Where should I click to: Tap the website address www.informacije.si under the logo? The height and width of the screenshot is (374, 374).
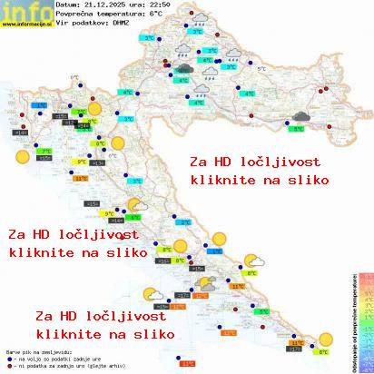[26, 25]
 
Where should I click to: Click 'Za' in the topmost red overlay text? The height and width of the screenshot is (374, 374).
[198, 162]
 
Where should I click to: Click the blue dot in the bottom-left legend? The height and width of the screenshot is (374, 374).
[8, 355]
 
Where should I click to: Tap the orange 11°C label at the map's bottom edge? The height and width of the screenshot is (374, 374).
[187, 363]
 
